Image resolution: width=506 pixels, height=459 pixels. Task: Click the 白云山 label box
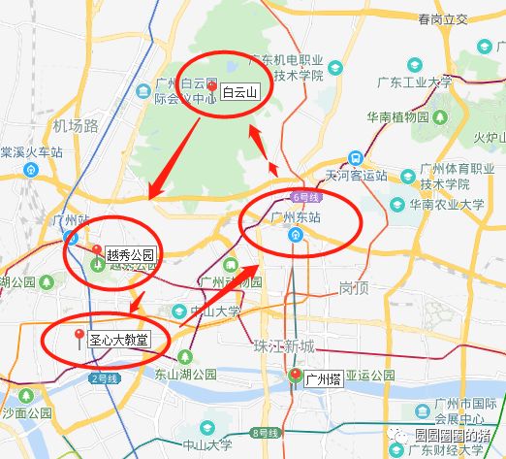click(x=240, y=93)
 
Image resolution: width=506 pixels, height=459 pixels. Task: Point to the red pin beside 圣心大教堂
click(x=79, y=337)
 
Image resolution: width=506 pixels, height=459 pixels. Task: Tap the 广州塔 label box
click(x=324, y=377)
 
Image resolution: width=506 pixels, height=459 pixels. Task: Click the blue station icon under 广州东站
click(x=295, y=236)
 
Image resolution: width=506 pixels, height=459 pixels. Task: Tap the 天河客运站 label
click(x=356, y=177)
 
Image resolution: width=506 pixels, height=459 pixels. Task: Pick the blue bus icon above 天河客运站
click(x=356, y=157)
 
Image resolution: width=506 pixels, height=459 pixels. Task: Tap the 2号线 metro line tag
click(x=102, y=377)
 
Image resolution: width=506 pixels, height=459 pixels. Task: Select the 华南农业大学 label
click(x=446, y=205)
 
